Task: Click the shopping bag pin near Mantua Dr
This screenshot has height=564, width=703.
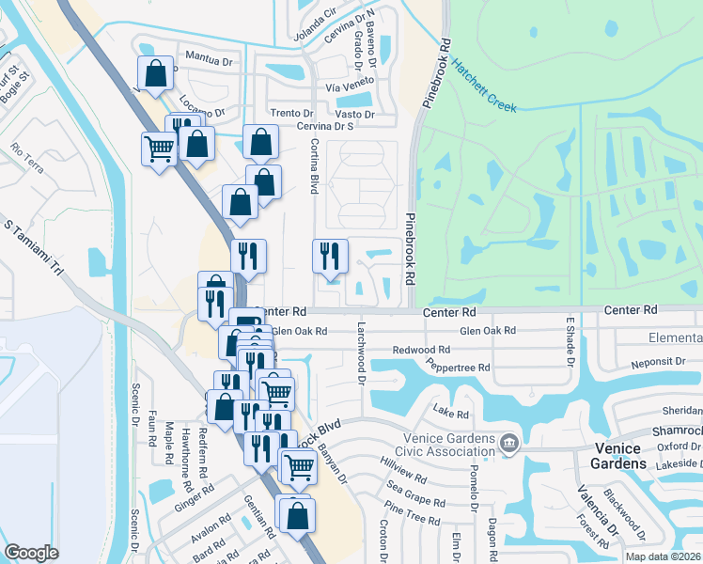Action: pos(156,72)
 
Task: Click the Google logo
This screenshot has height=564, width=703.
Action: pos(32,553)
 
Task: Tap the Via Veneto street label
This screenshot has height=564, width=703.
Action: pos(350,86)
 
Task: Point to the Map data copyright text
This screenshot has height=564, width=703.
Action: pos(662,556)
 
